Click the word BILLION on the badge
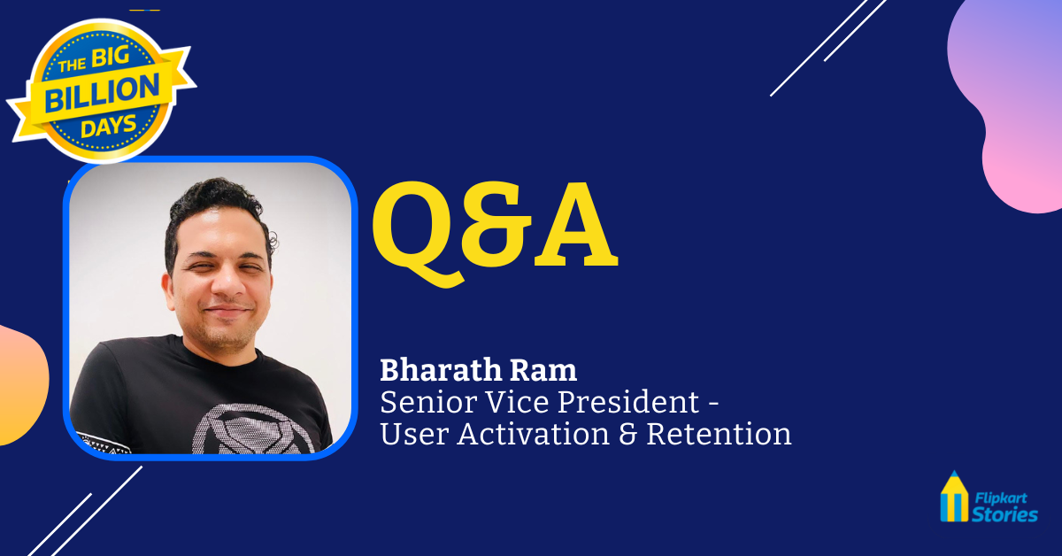(x=102, y=93)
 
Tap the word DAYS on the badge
(x=109, y=127)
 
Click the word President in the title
(x=628, y=402)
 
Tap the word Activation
(x=533, y=434)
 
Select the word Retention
(x=720, y=434)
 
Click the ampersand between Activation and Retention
(x=627, y=434)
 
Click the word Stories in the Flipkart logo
(x=1004, y=514)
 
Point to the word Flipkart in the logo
(x=1001, y=498)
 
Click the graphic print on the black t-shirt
(x=254, y=429)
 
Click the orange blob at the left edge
(x=21, y=385)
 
